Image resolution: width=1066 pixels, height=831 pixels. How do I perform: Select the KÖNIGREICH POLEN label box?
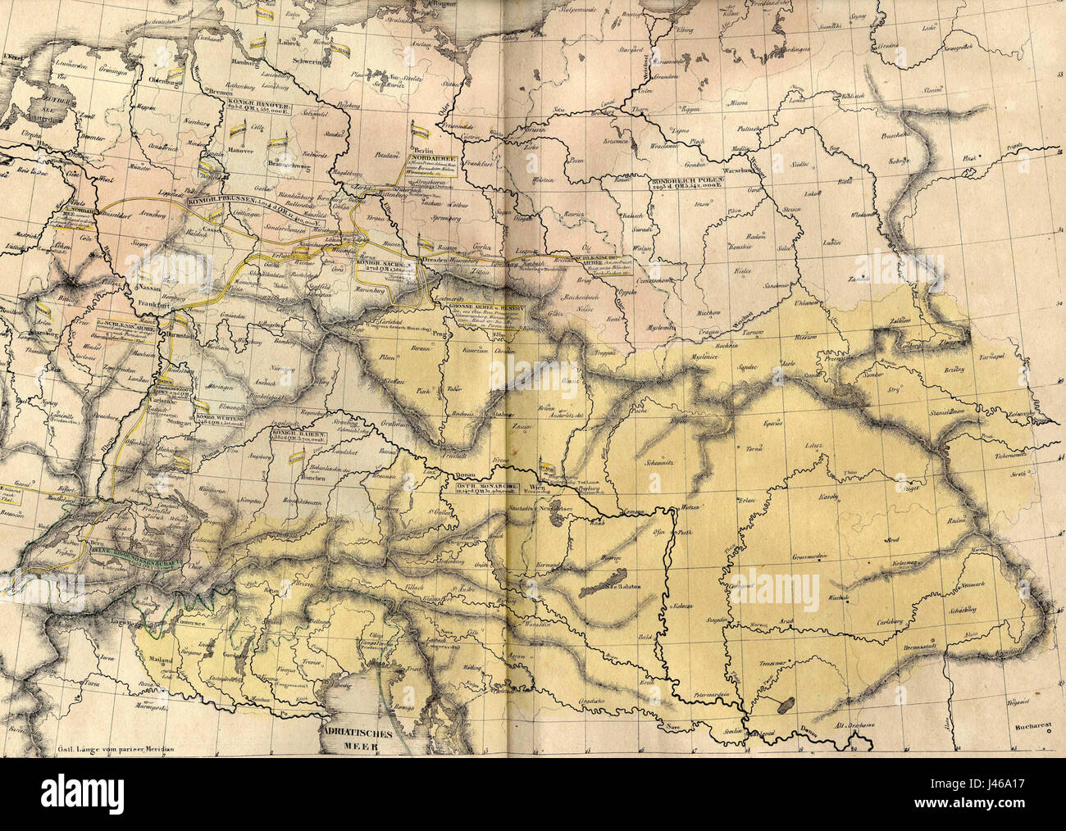point(686,183)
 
